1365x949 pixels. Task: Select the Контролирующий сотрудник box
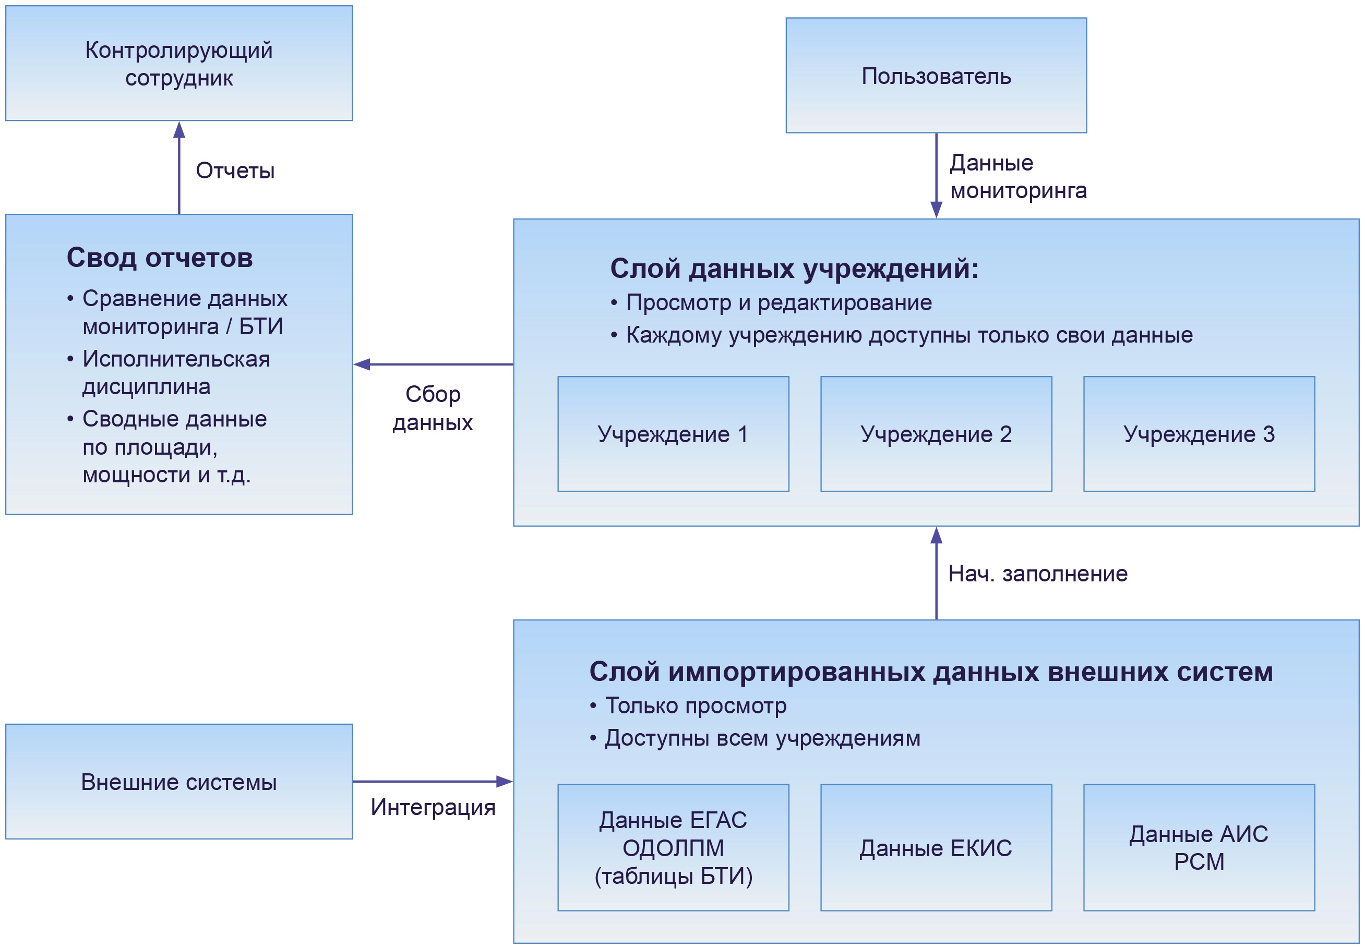[x=179, y=63]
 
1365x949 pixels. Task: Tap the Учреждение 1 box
[x=673, y=434]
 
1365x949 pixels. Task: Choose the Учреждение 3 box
[x=1199, y=434]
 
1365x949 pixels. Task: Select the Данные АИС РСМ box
[x=1199, y=847]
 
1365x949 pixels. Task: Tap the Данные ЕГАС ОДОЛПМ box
[x=673, y=847]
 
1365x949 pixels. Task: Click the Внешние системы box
[x=179, y=782]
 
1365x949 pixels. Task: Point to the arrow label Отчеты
[x=235, y=171]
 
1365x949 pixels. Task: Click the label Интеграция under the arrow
[x=433, y=807]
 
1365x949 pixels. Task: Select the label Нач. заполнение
[x=1037, y=574]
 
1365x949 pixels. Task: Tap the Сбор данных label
[x=433, y=408]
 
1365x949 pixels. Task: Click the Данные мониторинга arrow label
[x=1018, y=176]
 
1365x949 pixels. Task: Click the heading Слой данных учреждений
[x=794, y=269]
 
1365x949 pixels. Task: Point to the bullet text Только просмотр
[x=696, y=705]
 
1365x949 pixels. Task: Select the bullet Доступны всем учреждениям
[x=762, y=738]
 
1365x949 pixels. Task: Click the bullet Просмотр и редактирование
[x=779, y=302]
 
